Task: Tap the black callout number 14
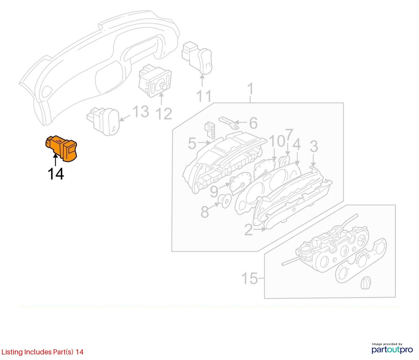pyautogui.click(x=56, y=174)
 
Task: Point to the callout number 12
pyautogui.click(x=164, y=114)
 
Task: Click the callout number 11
pyautogui.click(x=204, y=96)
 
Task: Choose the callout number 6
pyautogui.click(x=253, y=123)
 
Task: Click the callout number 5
pyautogui.click(x=192, y=143)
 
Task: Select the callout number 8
pyautogui.click(x=205, y=212)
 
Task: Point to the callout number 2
pyautogui.click(x=249, y=230)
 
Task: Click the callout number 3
pyautogui.click(x=314, y=146)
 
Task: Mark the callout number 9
pyautogui.click(x=214, y=191)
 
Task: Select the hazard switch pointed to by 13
pyautogui.click(x=103, y=121)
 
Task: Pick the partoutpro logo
pyautogui.click(x=392, y=350)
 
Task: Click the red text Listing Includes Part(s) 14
pyautogui.click(x=42, y=352)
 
